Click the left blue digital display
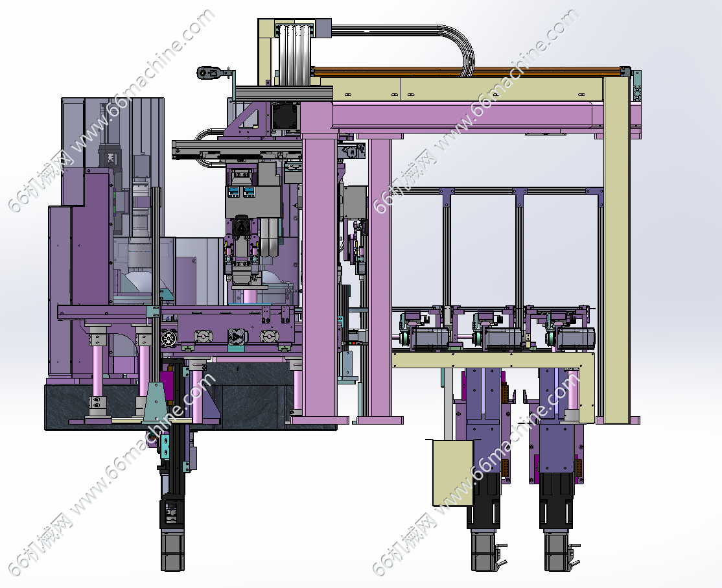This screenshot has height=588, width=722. point(233,191)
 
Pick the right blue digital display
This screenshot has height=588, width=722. point(249,191)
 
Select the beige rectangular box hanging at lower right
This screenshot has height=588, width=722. point(453,473)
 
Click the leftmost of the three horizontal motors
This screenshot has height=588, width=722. point(429,338)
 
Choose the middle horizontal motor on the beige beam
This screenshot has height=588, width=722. point(504,338)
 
